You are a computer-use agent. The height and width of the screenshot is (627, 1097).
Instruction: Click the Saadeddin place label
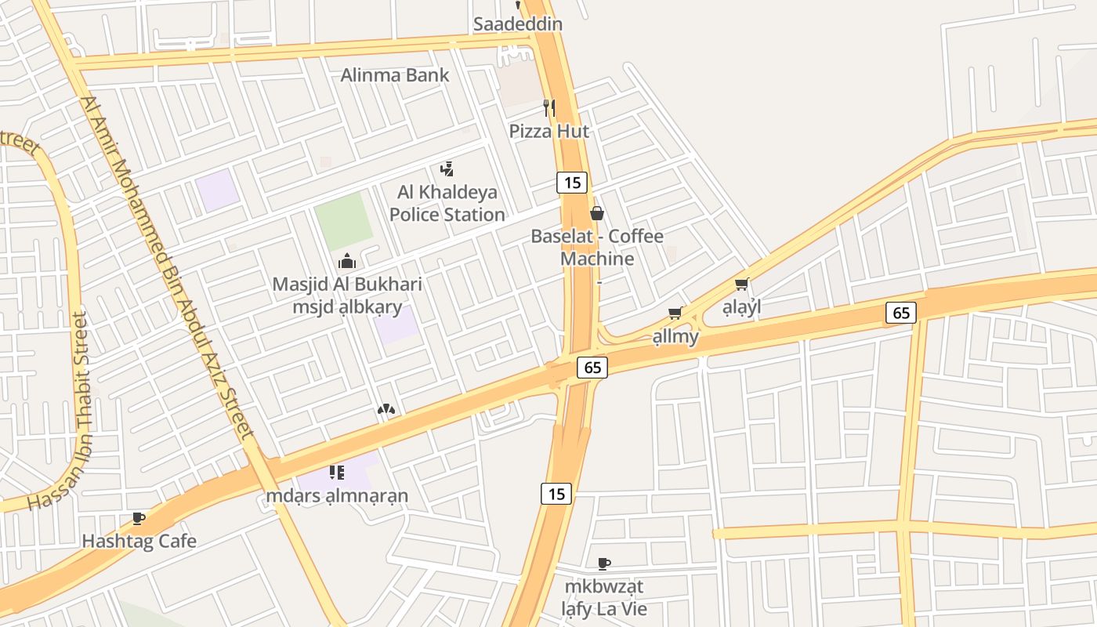point(517,24)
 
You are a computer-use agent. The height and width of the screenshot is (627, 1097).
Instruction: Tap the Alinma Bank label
point(395,75)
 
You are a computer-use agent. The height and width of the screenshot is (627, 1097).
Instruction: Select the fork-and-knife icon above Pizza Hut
point(549,108)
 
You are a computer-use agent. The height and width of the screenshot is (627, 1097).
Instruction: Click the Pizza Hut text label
point(549,131)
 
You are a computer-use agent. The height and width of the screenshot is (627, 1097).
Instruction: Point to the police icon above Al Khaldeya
point(447,169)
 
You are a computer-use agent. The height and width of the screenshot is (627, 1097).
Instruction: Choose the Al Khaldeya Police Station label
point(447,203)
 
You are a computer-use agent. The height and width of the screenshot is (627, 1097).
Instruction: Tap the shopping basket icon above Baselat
point(597,213)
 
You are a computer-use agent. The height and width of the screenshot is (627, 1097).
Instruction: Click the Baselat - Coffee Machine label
point(597,247)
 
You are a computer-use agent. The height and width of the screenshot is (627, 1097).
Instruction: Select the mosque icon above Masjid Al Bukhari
point(347,262)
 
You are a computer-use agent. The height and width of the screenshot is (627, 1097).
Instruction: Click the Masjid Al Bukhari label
point(347,285)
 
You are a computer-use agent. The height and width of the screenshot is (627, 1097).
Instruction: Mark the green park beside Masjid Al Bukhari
point(343,221)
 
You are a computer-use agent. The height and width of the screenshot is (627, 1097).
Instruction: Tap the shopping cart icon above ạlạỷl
point(741,285)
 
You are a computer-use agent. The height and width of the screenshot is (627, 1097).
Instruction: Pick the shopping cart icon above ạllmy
point(675,313)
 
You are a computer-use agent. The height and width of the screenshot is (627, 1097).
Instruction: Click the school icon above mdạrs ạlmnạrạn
point(337,472)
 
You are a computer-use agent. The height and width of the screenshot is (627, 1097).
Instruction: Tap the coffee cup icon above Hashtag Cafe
point(139,518)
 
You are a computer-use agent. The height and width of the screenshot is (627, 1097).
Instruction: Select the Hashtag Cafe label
point(139,541)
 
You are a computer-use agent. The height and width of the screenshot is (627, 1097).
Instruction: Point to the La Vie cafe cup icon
point(604,564)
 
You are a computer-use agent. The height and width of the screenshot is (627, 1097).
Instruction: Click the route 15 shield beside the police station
point(572,183)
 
